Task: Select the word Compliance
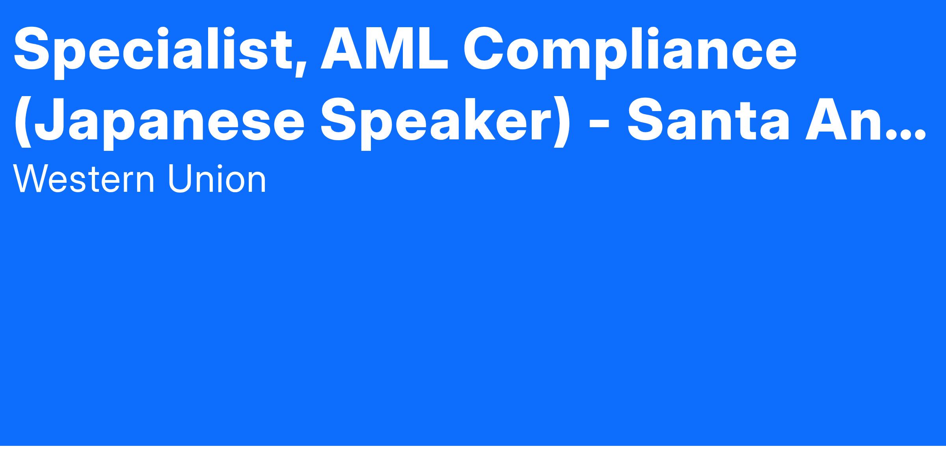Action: pos(630,49)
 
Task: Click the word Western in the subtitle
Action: pos(84,179)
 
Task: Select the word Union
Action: pos(217,179)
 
